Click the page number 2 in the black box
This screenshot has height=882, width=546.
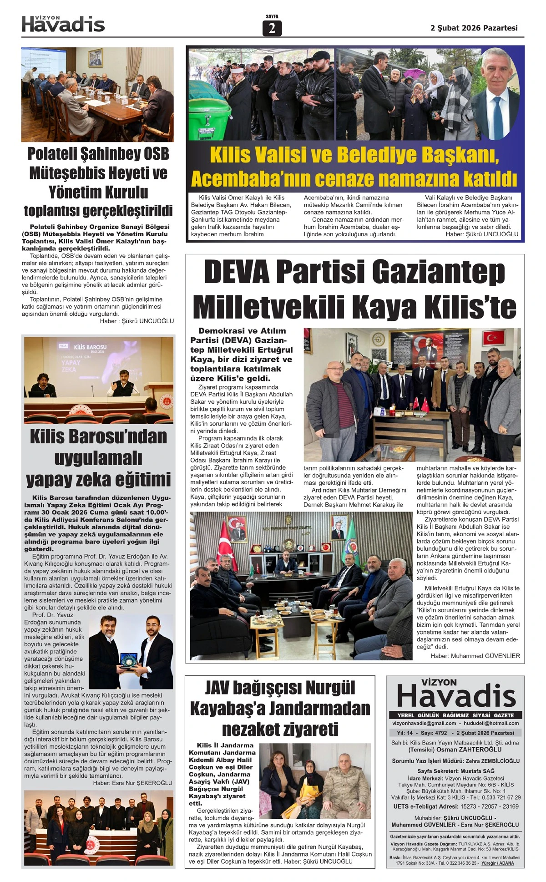click(x=272, y=29)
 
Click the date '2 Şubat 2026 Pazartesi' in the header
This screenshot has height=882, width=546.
click(x=474, y=28)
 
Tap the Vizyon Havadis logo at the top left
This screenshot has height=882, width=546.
click(x=63, y=24)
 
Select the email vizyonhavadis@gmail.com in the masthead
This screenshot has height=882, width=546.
click(x=424, y=723)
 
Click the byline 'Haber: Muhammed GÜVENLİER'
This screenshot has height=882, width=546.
click(x=475, y=656)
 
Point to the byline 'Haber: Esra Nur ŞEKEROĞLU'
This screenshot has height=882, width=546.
click(x=132, y=783)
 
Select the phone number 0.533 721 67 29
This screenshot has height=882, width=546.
click(x=499, y=797)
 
